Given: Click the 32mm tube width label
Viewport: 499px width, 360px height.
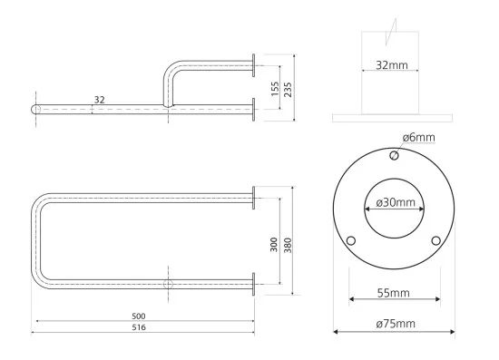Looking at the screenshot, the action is coord(392,65).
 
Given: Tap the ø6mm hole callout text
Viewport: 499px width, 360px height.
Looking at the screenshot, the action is coord(418,138).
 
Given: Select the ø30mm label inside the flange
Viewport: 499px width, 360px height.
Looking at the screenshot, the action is coord(396,202).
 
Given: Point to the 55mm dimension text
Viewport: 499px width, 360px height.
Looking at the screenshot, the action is coord(394,293).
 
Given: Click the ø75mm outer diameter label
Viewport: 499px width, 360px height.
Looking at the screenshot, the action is coord(396,324).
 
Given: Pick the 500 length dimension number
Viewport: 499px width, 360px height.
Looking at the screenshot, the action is coord(139,316).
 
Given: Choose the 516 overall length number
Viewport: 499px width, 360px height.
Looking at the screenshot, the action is coord(139,327).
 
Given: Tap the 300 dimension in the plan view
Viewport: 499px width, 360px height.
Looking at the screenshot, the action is coord(274,244).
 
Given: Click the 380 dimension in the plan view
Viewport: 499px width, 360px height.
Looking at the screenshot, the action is coord(288,245).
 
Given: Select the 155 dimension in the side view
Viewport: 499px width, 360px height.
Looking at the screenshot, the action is coord(275,89).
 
